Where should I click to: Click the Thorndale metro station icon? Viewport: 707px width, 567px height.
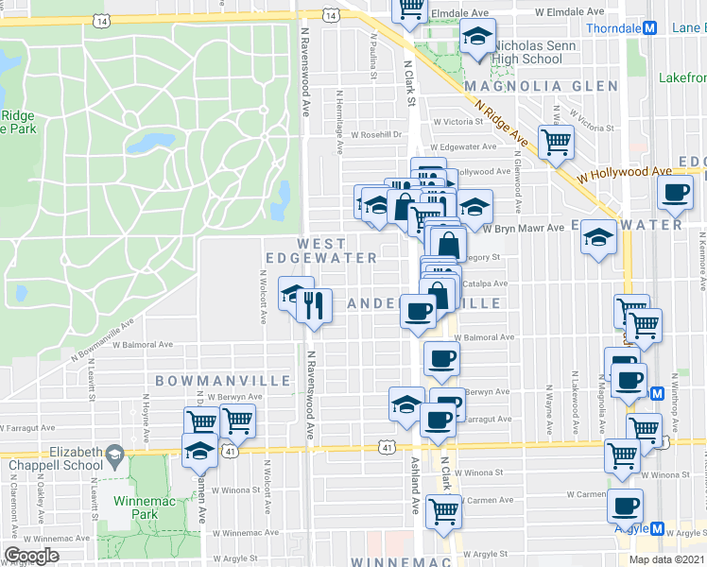650,28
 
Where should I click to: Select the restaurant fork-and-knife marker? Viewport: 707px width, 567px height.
316,305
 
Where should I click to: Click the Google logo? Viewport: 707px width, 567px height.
31,555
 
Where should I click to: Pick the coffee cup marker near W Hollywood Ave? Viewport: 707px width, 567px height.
675,192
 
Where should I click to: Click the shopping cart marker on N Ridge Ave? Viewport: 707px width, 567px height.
557,142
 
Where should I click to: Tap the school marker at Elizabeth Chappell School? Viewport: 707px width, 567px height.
198,452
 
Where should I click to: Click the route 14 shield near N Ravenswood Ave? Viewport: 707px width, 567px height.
330,16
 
